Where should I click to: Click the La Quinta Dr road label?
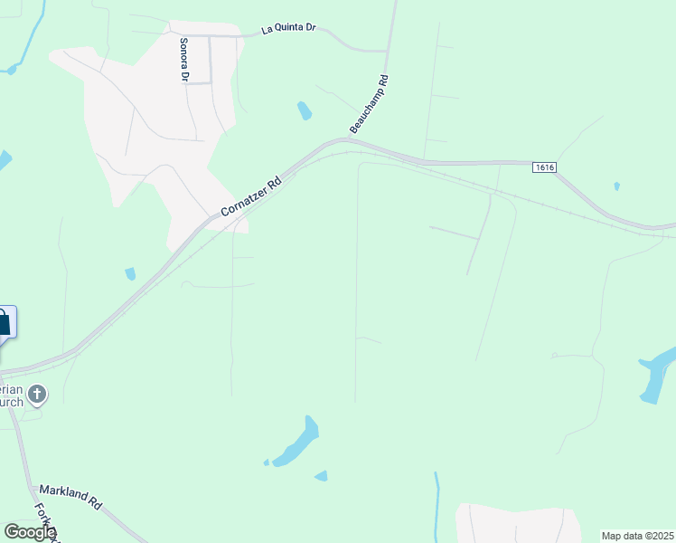coord(288,29)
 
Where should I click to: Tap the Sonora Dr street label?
coord(183,60)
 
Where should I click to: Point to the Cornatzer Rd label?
coord(251,196)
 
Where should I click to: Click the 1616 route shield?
coord(544,167)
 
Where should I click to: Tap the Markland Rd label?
coord(71,496)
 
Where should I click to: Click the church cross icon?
coord(37,394)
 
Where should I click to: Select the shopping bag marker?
coord(4,323)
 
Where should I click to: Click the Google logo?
coord(29,532)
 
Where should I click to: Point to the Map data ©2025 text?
coord(638,536)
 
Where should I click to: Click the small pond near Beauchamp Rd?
coord(305,111)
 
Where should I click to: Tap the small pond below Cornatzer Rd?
coord(130,273)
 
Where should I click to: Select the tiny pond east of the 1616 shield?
coord(616,186)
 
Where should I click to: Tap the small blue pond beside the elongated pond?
coord(321,475)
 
